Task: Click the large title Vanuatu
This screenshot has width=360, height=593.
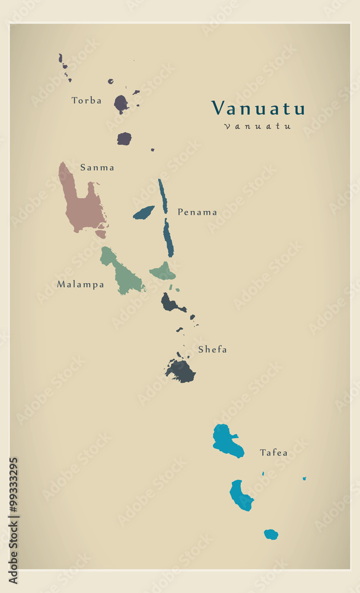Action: point(258,108)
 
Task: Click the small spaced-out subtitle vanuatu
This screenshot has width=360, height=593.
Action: point(257,126)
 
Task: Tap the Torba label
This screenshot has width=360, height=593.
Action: point(87,101)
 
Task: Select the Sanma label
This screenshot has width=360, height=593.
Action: point(97,168)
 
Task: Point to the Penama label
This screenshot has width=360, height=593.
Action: point(197,212)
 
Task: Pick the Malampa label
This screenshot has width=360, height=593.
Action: point(80,285)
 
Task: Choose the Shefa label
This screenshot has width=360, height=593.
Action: point(212,350)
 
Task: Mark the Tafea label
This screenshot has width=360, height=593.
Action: point(273,453)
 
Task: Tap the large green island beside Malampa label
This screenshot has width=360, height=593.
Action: point(123,276)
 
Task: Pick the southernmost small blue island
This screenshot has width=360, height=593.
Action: point(271,534)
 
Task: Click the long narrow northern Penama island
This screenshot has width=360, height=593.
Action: point(163,196)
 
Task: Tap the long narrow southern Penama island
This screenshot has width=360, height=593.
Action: point(168,238)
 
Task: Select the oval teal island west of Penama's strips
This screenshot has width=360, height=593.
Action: point(144,212)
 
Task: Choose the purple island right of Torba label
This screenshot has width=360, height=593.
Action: point(120,104)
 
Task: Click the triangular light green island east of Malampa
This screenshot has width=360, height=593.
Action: point(163,273)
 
